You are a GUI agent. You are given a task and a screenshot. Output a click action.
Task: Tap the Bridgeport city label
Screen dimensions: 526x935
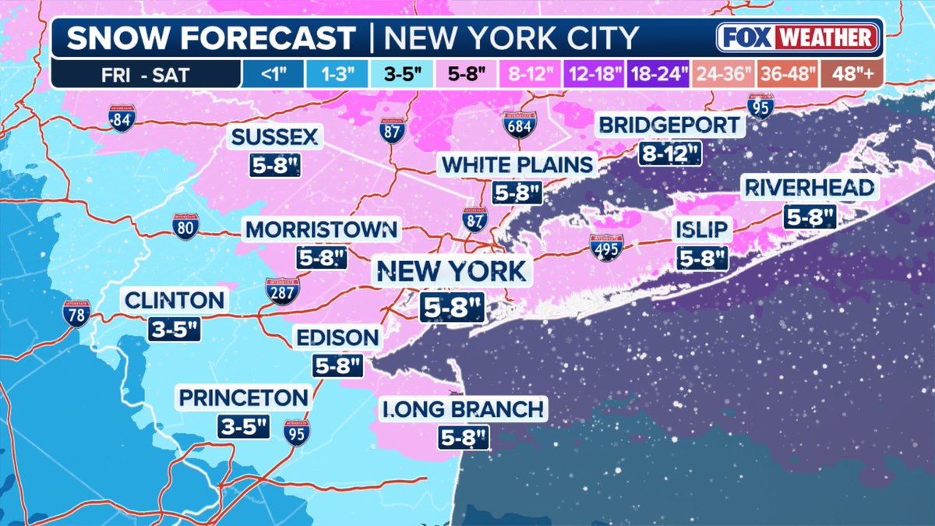pyautogui.click(x=669, y=125)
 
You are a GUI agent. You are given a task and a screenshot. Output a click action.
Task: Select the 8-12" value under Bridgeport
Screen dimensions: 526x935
pyautogui.click(x=669, y=154)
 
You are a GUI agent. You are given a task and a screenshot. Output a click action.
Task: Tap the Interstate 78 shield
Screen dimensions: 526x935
pyautogui.click(x=76, y=312)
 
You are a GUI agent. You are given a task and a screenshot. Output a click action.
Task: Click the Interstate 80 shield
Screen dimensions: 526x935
pyautogui.click(x=185, y=226)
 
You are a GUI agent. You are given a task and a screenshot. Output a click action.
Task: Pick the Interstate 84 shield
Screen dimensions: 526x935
pyautogui.click(x=122, y=118)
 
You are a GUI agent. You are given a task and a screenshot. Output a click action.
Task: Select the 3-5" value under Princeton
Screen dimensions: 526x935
pyautogui.click(x=243, y=426)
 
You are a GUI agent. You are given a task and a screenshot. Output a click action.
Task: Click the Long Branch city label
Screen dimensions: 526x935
pyautogui.click(x=462, y=408)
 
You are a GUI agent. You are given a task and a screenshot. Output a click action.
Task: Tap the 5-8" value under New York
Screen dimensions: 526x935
pyautogui.click(x=452, y=308)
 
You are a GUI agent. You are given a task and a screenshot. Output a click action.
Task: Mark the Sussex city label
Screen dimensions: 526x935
pyautogui.click(x=274, y=138)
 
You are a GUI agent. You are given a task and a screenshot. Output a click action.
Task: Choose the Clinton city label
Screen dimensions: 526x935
pyautogui.click(x=175, y=299)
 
